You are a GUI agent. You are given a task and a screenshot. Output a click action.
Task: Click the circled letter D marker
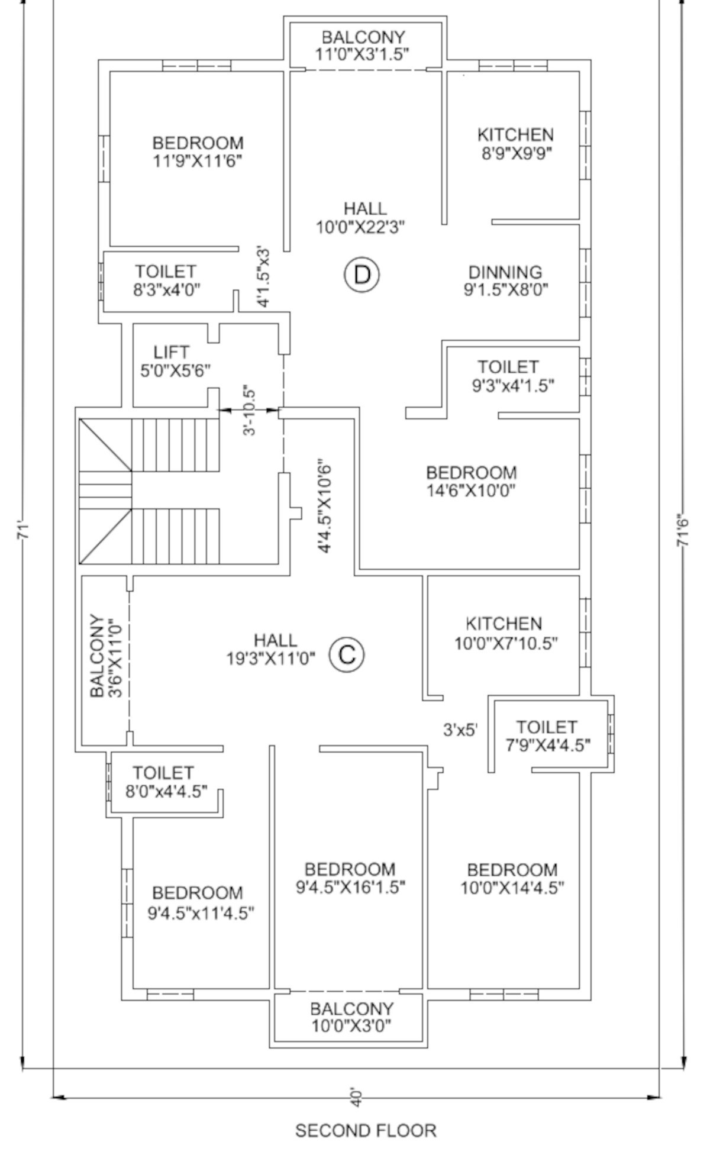pyautogui.click(x=362, y=274)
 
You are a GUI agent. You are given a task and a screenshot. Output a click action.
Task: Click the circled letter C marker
pyautogui.click(x=347, y=654)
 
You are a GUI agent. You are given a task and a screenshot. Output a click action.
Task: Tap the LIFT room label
pyautogui.click(x=172, y=353)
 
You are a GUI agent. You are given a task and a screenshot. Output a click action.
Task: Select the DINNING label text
pyautogui.click(x=505, y=272)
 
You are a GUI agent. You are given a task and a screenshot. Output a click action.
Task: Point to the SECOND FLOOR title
pyautogui.click(x=365, y=1130)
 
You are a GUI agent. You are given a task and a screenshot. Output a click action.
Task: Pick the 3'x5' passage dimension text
pyautogui.click(x=460, y=730)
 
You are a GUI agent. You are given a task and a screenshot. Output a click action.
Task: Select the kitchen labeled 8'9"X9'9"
pyautogui.click(x=515, y=144)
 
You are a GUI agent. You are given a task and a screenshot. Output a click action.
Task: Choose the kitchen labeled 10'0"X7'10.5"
pyautogui.click(x=505, y=633)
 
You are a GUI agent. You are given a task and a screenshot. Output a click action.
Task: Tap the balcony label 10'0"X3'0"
pyautogui.click(x=351, y=1017)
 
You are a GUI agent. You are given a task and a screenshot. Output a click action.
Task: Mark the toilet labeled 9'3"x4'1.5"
pyautogui.click(x=512, y=376)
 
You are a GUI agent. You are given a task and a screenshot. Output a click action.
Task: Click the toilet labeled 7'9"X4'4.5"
pyautogui.click(x=547, y=736)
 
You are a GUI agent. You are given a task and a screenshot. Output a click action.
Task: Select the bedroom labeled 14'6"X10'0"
pyautogui.click(x=471, y=481)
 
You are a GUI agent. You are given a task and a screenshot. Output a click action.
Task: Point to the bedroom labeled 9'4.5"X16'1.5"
pyautogui.click(x=350, y=878)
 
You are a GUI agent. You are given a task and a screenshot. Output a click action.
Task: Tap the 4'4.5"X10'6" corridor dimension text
pyautogui.click(x=324, y=506)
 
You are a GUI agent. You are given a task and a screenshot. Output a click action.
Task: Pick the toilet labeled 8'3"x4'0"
pyautogui.click(x=166, y=280)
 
